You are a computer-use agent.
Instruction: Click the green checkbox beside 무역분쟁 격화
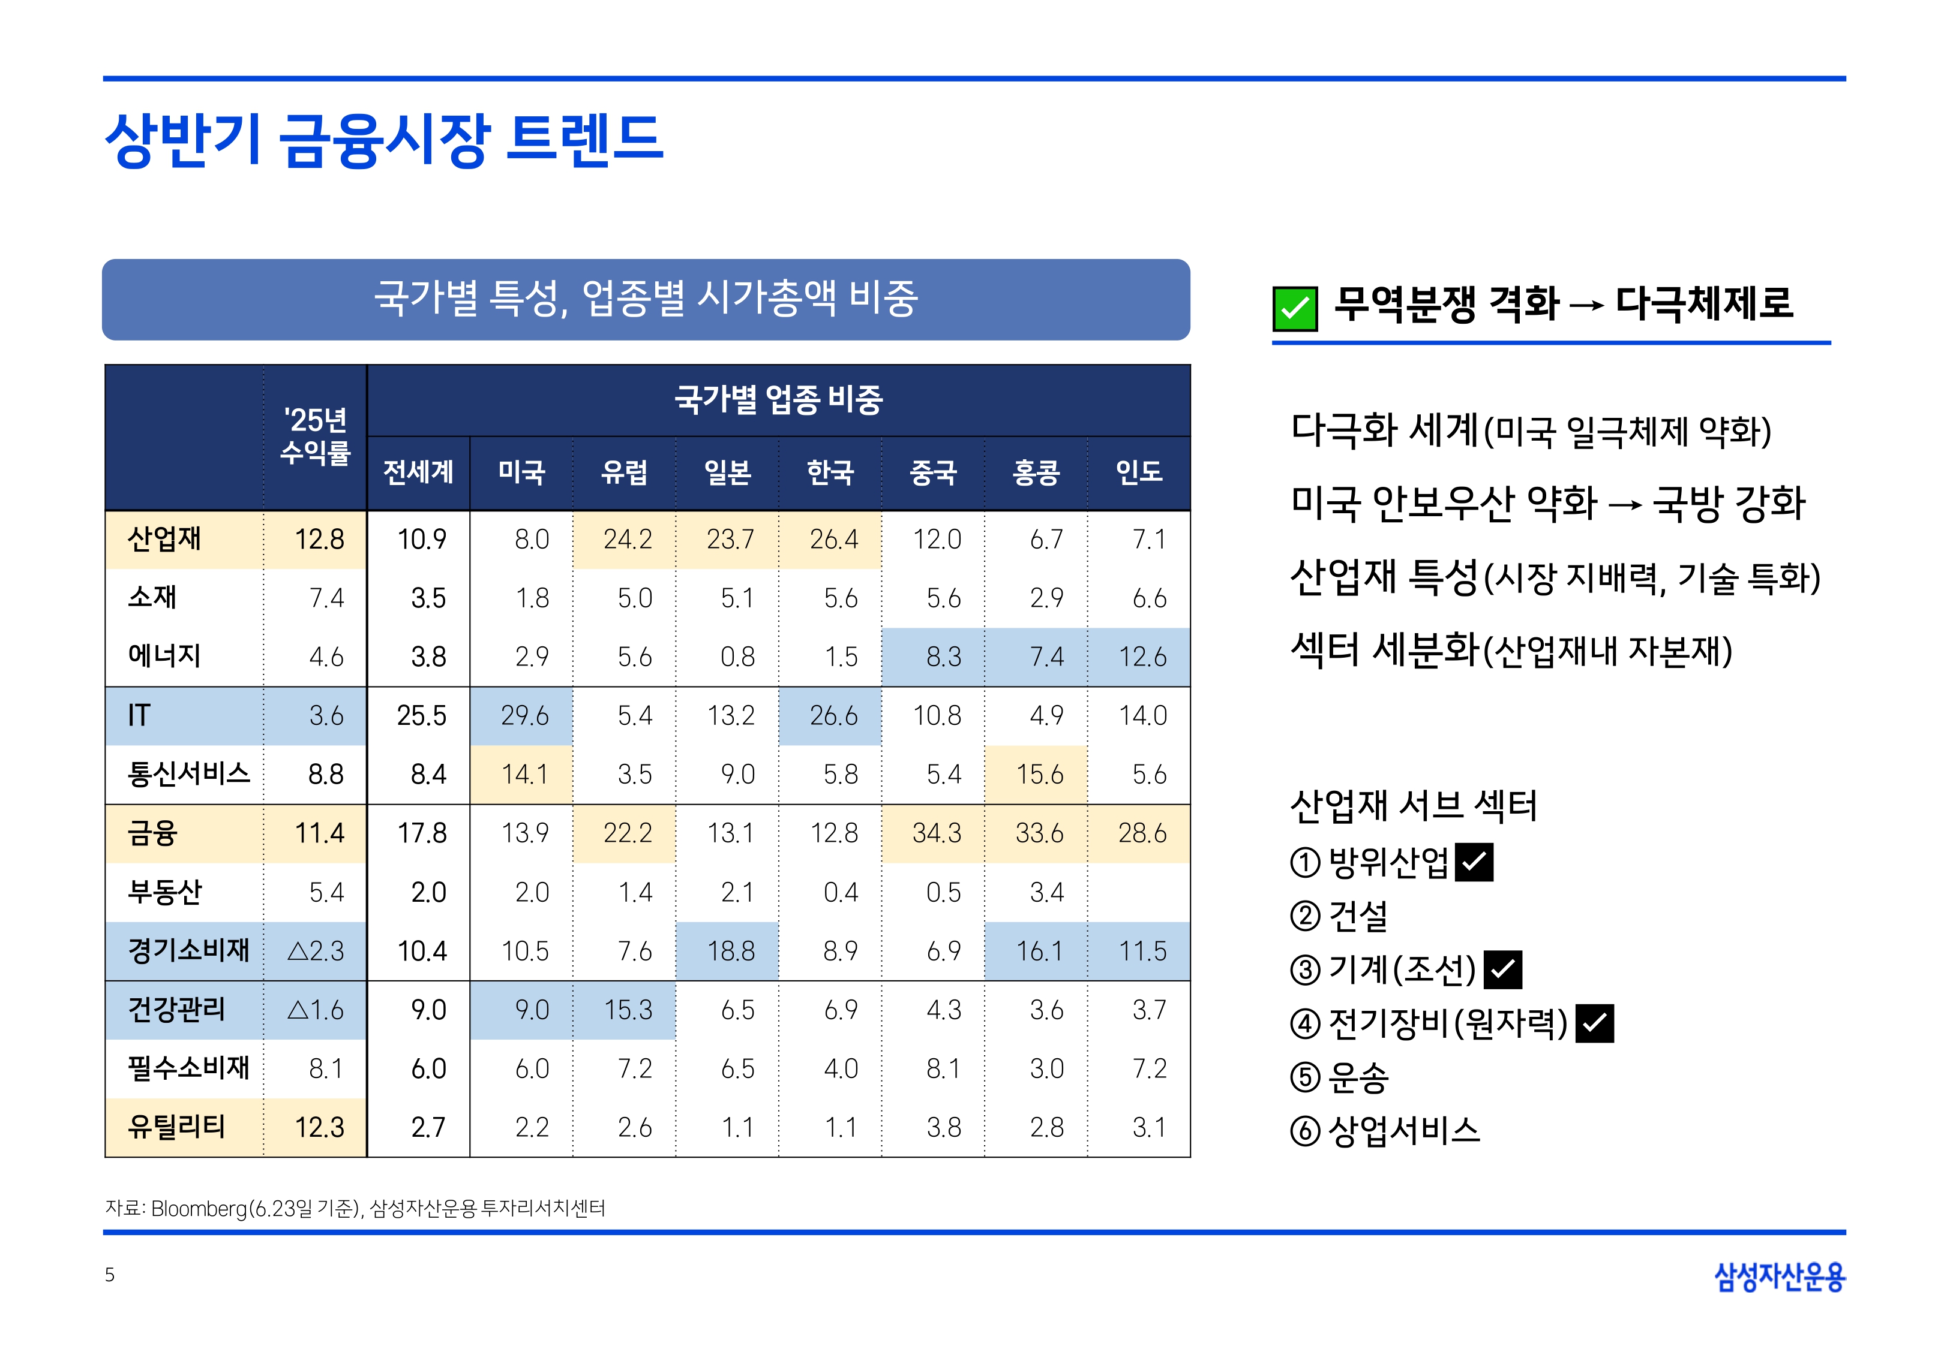pyautogui.click(x=1295, y=309)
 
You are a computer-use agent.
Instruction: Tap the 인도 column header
pyautogui.click(x=1138, y=472)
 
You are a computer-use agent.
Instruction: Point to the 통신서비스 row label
pyautogui.click(x=188, y=773)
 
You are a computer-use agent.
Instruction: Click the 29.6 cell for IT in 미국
pyautogui.click(x=524, y=716)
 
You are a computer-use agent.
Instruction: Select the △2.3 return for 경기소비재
pyautogui.click(x=316, y=951)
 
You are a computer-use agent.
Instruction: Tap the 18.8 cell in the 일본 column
pyautogui.click(x=731, y=951)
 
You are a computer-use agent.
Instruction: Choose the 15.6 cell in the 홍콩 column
pyautogui.click(x=1039, y=774)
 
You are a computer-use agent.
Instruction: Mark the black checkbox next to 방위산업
pyautogui.click(x=1474, y=862)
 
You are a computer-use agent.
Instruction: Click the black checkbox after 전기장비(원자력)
pyautogui.click(x=1594, y=1023)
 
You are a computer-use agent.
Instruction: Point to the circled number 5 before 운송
pyautogui.click(x=1305, y=1077)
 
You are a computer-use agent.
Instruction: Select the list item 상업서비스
pyautogui.click(x=1404, y=1131)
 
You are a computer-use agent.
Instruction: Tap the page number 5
pyautogui.click(x=110, y=1275)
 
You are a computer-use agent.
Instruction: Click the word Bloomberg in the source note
pyautogui.click(x=199, y=1209)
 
